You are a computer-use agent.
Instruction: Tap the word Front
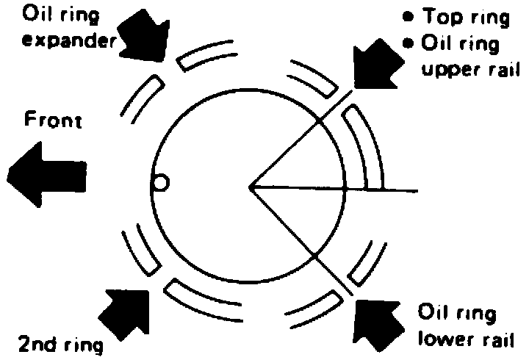click(53, 120)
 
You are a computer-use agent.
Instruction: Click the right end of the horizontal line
click(417, 192)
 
